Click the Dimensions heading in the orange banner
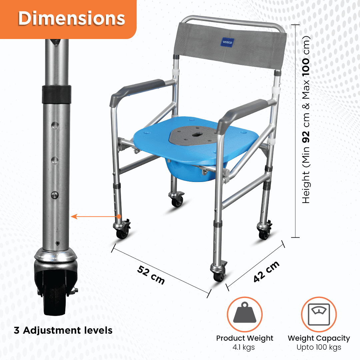[71, 19]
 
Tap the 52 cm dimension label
[151, 275]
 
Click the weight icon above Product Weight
[245, 314]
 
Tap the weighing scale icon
[319, 314]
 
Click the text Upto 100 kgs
[319, 347]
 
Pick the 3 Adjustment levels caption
[63, 331]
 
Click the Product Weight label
[245, 338]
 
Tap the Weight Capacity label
[319, 338]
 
